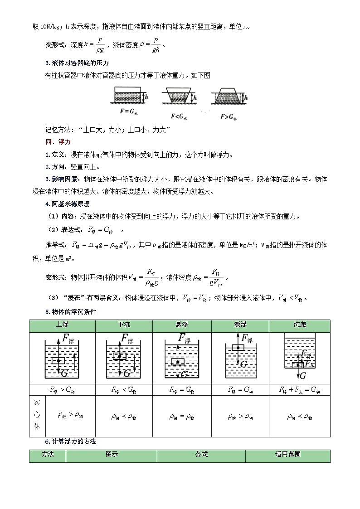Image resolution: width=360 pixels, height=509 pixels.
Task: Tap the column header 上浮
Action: click(62, 325)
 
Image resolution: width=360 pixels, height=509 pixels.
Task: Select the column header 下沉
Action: click(123, 325)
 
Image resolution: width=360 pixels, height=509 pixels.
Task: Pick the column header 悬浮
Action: click(182, 325)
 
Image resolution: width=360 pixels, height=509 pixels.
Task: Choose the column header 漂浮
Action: click(240, 325)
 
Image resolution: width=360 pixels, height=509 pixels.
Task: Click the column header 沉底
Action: click(299, 325)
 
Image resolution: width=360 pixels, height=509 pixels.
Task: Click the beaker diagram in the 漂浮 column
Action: click(240, 358)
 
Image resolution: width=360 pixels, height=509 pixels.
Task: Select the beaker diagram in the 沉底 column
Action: click(299, 356)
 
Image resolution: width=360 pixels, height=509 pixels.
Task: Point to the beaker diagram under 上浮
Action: click(62, 358)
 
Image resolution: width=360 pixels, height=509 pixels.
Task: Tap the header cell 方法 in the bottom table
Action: click(48, 455)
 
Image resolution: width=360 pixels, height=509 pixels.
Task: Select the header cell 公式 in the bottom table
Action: click(201, 455)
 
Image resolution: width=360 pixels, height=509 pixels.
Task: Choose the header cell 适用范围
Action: click(287, 455)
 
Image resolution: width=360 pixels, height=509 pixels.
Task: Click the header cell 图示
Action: click(112, 455)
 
